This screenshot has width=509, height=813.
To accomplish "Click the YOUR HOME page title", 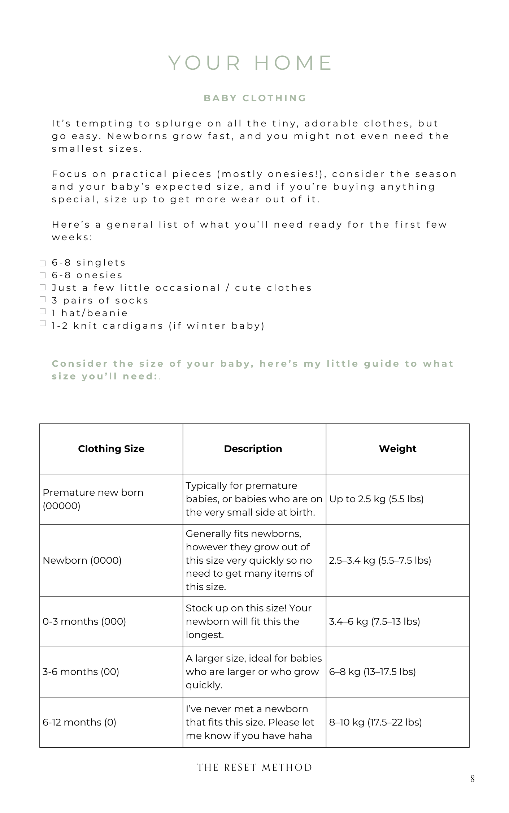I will (x=251, y=63).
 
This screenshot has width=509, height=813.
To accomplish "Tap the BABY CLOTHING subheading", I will (x=255, y=98).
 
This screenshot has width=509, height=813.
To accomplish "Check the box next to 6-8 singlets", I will (x=43, y=263).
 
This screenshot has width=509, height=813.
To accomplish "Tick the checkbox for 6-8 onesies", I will (x=43, y=275).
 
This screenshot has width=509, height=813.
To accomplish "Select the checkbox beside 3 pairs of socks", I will (x=43, y=299).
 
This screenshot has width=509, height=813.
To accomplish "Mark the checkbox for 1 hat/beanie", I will (x=43, y=311).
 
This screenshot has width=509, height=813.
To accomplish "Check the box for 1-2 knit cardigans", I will (x=43, y=323).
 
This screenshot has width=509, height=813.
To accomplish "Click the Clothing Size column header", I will (x=111, y=449).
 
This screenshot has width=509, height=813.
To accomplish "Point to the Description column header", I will (x=253, y=449).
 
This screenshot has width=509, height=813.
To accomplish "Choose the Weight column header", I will (x=397, y=449).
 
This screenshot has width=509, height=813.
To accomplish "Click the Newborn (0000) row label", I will (x=82, y=560).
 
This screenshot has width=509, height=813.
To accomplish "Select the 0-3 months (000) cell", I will (x=84, y=621).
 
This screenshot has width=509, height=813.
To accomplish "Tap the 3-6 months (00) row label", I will (x=81, y=672).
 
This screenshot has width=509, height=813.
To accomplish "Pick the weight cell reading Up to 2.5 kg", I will (x=377, y=499).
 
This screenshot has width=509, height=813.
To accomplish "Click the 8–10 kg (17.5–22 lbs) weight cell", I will (x=375, y=722).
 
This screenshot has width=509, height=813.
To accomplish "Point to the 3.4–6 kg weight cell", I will (x=375, y=621).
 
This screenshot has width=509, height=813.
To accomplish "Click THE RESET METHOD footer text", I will (x=255, y=767).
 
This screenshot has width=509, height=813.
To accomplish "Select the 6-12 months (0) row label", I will (x=79, y=722).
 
